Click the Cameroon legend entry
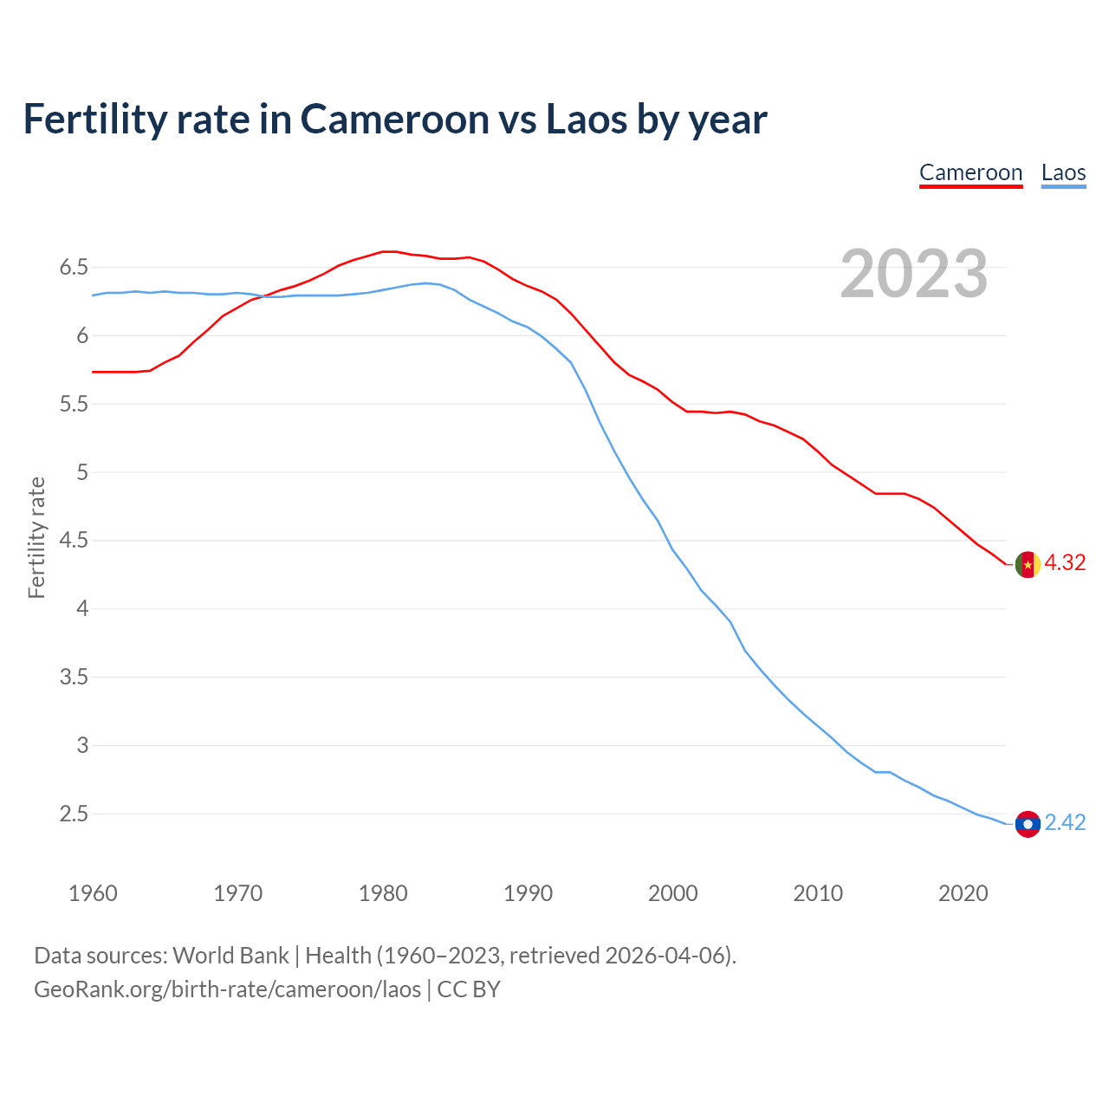tap(970, 172)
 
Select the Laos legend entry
tap(1063, 172)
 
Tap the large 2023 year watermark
tap(914, 274)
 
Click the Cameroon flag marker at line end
tap(1028, 564)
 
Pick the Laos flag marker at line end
tap(1028, 824)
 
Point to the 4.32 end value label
tap(1065, 563)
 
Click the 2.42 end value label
tap(1065, 823)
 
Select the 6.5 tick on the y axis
tap(74, 268)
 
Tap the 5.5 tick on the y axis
tap(74, 405)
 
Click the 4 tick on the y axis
tap(83, 609)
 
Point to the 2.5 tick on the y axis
tap(74, 814)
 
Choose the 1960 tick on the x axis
tap(93, 893)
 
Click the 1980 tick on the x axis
tap(383, 893)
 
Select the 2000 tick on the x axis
tap(673, 893)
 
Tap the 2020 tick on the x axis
tap(963, 893)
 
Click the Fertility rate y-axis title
tap(36, 537)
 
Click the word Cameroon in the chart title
tap(394, 120)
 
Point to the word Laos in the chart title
tap(586, 120)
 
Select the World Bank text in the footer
tap(230, 956)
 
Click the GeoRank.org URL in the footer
tap(227, 989)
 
